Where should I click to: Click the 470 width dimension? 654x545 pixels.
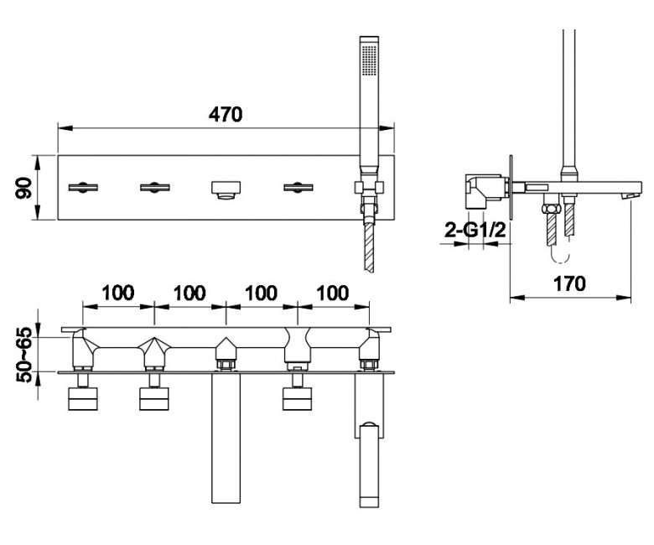(x=226, y=114)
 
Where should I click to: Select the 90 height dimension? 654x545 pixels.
(x=24, y=187)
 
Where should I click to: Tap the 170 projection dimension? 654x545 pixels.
(x=570, y=284)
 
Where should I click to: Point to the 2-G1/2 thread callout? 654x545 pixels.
(x=475, y=230)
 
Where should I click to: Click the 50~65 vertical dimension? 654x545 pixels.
(x=24, y=356)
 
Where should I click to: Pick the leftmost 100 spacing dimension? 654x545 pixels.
(x=118, y=293)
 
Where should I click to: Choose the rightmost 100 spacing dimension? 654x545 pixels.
(x=333, y=293)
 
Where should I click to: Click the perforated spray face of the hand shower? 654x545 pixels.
(x=369, y=60)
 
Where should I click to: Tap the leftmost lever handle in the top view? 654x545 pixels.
(x=83, y=187)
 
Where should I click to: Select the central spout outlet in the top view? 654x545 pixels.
(x=226, y=190)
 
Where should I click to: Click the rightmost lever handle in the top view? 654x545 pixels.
(x=298, y=187)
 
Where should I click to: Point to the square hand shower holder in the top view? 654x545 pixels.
(x=369, y=188)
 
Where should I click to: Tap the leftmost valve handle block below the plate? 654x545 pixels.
(x=82, y=399)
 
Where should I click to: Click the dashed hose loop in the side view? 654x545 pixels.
(x=560, y=256)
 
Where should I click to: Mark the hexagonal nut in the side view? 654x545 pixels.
(x=550, y=208)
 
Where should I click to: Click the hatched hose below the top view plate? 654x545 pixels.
(x=369, y=247)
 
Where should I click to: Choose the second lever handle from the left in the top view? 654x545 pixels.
(x=155, y=187)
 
